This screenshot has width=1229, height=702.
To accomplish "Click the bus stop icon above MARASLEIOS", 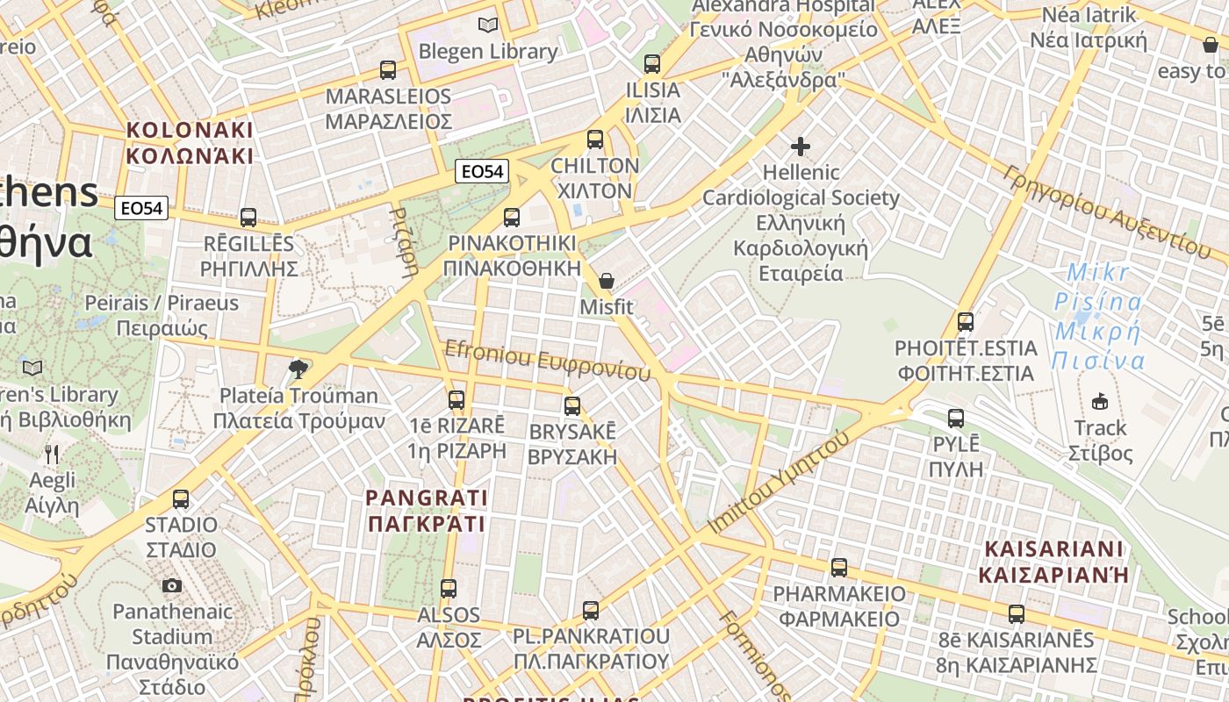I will coord(387,70).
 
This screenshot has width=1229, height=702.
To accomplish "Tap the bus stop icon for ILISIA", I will coord(651,64).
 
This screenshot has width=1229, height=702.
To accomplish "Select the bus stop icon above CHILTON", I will coord(595,140).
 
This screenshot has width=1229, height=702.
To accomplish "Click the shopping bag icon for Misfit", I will coord(606,282).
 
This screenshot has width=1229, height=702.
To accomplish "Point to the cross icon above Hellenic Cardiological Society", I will coord(801,147).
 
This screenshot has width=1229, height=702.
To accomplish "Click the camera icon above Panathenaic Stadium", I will coord(172,585).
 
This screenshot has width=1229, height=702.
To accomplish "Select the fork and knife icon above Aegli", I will coord(52,454).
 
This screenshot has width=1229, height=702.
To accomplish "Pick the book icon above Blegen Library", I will coord(487,25).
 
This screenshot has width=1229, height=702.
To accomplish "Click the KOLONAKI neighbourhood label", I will coord(190,143).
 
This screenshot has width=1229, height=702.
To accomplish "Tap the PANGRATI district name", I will coord(426,511).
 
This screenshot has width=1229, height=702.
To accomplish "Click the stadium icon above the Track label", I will coord(1099,402).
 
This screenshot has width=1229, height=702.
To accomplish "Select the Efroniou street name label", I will coord(547,360).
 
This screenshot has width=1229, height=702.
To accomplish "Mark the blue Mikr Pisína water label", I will coord(1099,317).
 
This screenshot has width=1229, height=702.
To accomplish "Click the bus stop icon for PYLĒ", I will coord(956,419).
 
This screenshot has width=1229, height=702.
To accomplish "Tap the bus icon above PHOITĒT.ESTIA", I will coord(966,322).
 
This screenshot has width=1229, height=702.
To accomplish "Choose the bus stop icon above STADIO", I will coord(181,499).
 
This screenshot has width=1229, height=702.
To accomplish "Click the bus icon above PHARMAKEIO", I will coord(839,568).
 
